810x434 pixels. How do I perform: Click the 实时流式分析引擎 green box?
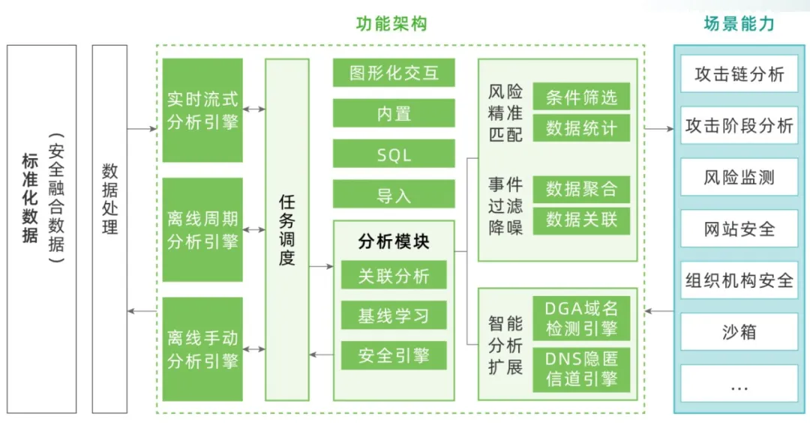(202, 110)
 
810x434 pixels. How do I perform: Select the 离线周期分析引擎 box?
(202, 230)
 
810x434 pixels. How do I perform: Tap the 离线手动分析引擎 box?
(202, 349)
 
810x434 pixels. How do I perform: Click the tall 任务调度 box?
(286, 230)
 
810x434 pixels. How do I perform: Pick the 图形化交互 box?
(394, 73)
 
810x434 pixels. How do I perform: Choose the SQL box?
(394, 154)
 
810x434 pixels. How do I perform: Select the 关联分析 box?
(394, 275)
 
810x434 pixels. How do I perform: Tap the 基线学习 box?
(394, 316)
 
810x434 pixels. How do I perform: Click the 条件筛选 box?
(581, 97)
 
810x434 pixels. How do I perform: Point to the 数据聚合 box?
(581, 189)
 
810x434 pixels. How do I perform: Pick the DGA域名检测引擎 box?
(581, 318)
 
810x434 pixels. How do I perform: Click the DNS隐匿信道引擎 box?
(581, 370)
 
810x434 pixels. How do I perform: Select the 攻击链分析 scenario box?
(739, 74)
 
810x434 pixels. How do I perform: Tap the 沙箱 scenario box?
(739, 332)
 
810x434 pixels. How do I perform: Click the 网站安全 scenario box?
(739, 229)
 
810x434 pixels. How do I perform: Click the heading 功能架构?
(391, 24)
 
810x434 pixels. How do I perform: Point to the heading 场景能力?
(739, 24)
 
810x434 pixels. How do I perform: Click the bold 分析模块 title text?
(394, 241)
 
